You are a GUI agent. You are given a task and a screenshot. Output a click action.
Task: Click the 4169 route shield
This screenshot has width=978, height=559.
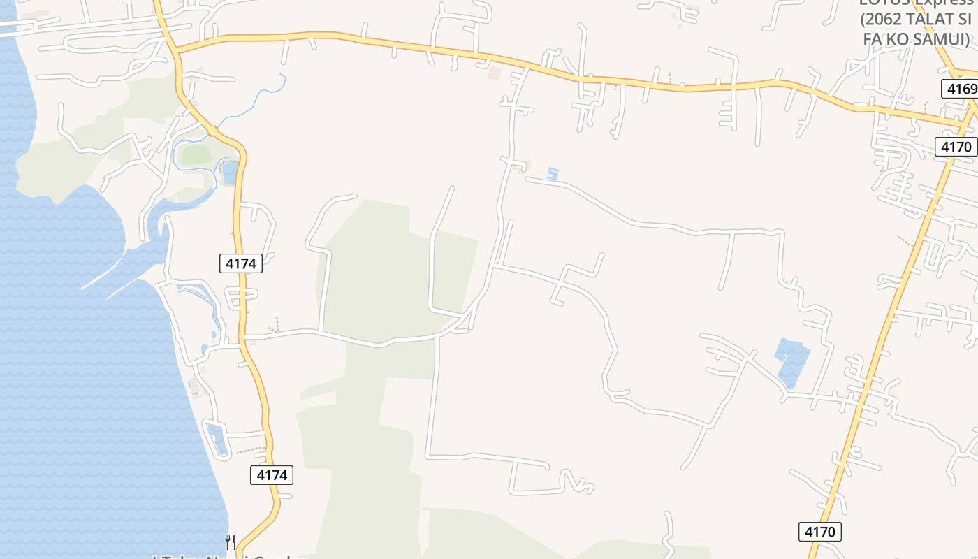pyautogui.click(x=958, y=89)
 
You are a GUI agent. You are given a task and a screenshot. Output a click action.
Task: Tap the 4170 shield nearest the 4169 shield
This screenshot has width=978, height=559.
pyautogui.click(x=956, y=147)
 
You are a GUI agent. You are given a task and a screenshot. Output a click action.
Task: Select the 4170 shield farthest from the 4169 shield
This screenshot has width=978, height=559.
pyautogui.click(x=820, y=532)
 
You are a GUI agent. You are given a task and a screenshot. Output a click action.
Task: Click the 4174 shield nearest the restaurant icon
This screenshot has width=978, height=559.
pyautogui.click(x=272, y=475)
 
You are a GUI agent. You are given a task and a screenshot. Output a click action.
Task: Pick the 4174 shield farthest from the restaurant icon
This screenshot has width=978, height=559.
pyautogui.click(x=241, y=263)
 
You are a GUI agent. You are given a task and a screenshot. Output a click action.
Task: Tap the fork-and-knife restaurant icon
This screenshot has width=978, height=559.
pyautogui.click(x=231, y=542)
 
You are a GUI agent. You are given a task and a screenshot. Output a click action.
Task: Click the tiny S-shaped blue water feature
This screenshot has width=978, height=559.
pyautogui.click(x=553, y=173)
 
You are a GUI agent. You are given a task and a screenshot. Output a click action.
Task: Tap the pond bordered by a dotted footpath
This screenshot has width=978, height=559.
pyautogui.click(x=228, y=171)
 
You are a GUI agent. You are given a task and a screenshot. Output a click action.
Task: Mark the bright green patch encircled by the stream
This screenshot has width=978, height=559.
pyautogui.click(x=196, y=154)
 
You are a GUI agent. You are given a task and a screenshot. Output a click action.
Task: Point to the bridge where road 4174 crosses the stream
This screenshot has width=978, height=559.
pyautogui.click(x=213, y=129)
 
